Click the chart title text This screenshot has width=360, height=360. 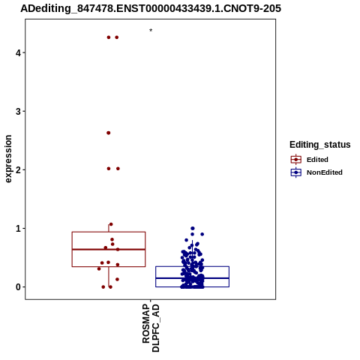pos(151,8)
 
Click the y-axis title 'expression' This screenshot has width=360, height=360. pos(8,159)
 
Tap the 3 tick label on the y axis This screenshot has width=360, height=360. pos(18,111)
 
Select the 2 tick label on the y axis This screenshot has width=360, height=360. pos(18,169)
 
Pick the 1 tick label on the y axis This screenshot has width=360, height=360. pos(18,228)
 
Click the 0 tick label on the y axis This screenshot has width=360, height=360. pos(18,287)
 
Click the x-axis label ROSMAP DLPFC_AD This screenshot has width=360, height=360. pos(151,328)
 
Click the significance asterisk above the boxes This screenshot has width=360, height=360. pos(151,31)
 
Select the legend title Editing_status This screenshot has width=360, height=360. pos(320,145)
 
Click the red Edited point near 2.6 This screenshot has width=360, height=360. pos(109,133)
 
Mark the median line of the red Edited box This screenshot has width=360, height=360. pos(109,249)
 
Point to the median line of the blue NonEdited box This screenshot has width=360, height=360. pos(192,278)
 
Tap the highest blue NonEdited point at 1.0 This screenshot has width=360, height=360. pos(193,228)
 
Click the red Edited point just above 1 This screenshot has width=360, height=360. pos(111,224)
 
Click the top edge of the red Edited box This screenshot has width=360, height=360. pos(109,232)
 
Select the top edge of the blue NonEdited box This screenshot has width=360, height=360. pos(192,266)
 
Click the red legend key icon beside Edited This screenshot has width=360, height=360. pos(296,160)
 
